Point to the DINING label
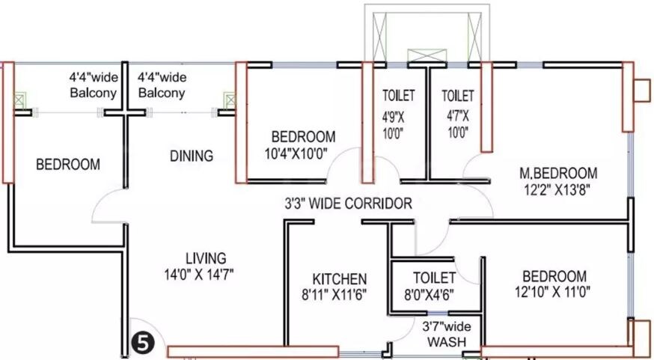tap(191, 156)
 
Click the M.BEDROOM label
tap(558, 173)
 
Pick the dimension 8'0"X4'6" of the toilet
tap(430, 294)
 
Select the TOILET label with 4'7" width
tap(457, 96)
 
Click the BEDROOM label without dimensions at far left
tap(68, 165)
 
